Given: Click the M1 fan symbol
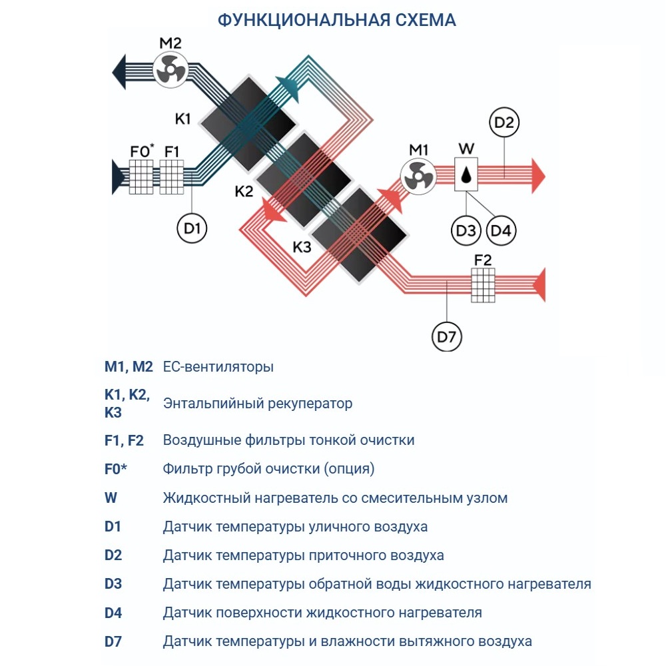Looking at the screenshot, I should pos(418,176).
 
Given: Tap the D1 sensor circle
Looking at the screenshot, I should pos(192,228).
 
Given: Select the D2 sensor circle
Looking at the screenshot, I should pos(504,123).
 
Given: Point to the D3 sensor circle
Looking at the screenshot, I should pos(466,230).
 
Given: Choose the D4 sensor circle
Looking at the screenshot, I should pos(501,230).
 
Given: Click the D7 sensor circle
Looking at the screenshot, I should pos(446,338).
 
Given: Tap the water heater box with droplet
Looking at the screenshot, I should pos(468,175).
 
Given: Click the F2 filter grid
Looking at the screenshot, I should pos(484,285).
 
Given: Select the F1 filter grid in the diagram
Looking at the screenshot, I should pos(172,177).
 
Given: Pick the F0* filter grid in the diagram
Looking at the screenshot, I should pos(141,177).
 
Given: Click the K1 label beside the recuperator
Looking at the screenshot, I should pos(183,119).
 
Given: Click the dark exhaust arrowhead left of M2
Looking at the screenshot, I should pos(120,69).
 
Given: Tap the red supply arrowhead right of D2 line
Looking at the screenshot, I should pos(538,176).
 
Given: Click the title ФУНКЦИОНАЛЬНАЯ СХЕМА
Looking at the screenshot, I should pos(337,21).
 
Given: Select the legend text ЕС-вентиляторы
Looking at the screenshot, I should pos(218,367).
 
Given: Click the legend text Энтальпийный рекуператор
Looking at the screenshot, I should pos(257,404).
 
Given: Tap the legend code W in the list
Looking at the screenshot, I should pos(111,498).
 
